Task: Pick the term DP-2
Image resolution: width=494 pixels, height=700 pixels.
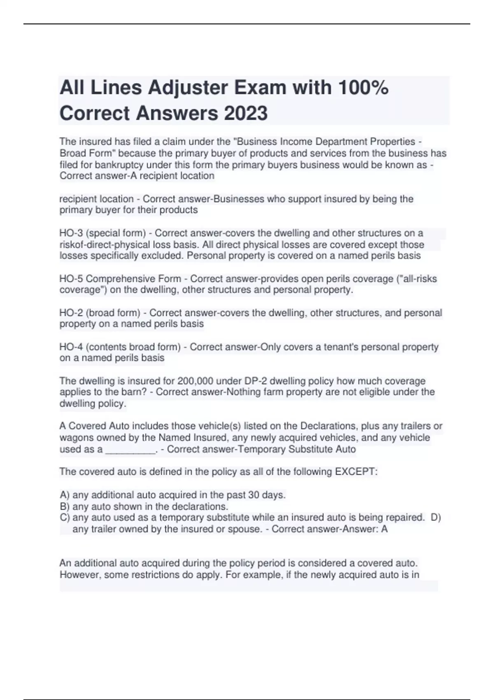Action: point(256,381)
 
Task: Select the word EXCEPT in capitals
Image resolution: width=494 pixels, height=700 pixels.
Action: point(356,471)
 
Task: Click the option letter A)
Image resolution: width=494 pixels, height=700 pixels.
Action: point(65,495)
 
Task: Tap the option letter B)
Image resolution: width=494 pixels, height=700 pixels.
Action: point(65,506)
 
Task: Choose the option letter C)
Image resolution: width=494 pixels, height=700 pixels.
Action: point(65,518)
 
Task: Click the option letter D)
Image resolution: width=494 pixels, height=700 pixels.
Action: point(436,518)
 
